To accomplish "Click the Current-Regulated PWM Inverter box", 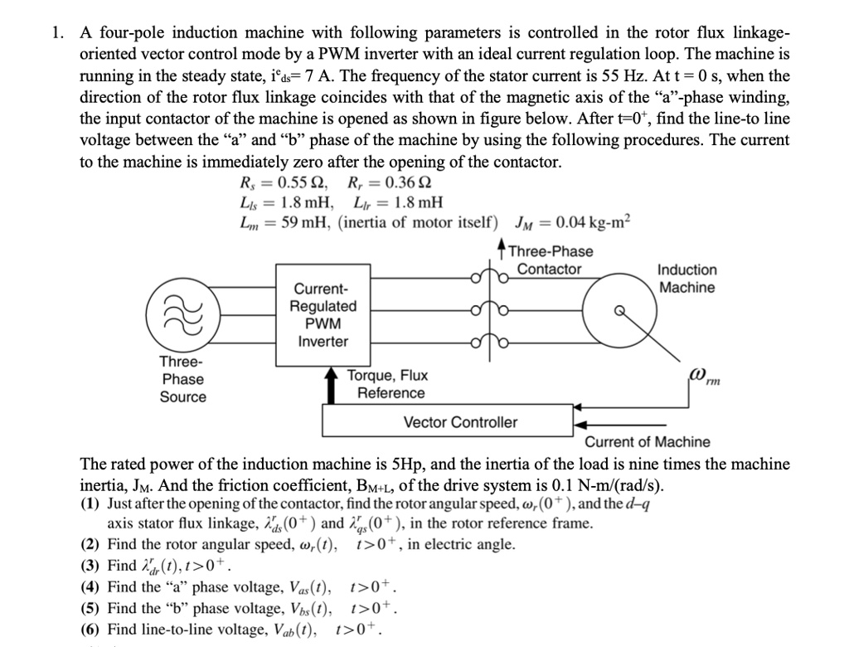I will click(x=323, y=314).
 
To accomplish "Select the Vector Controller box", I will click(x=459, y=422).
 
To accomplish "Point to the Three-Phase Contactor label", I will click(x=550, y=260).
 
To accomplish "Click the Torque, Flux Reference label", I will click(x=386, y=384).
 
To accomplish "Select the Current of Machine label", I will click(x=648, y=442).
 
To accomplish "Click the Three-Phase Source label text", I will click(x=182, y=379).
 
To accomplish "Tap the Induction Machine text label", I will click(x=686, y=279).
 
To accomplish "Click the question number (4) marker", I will click(x=92, y=588).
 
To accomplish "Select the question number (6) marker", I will click(x=92, y=630).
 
